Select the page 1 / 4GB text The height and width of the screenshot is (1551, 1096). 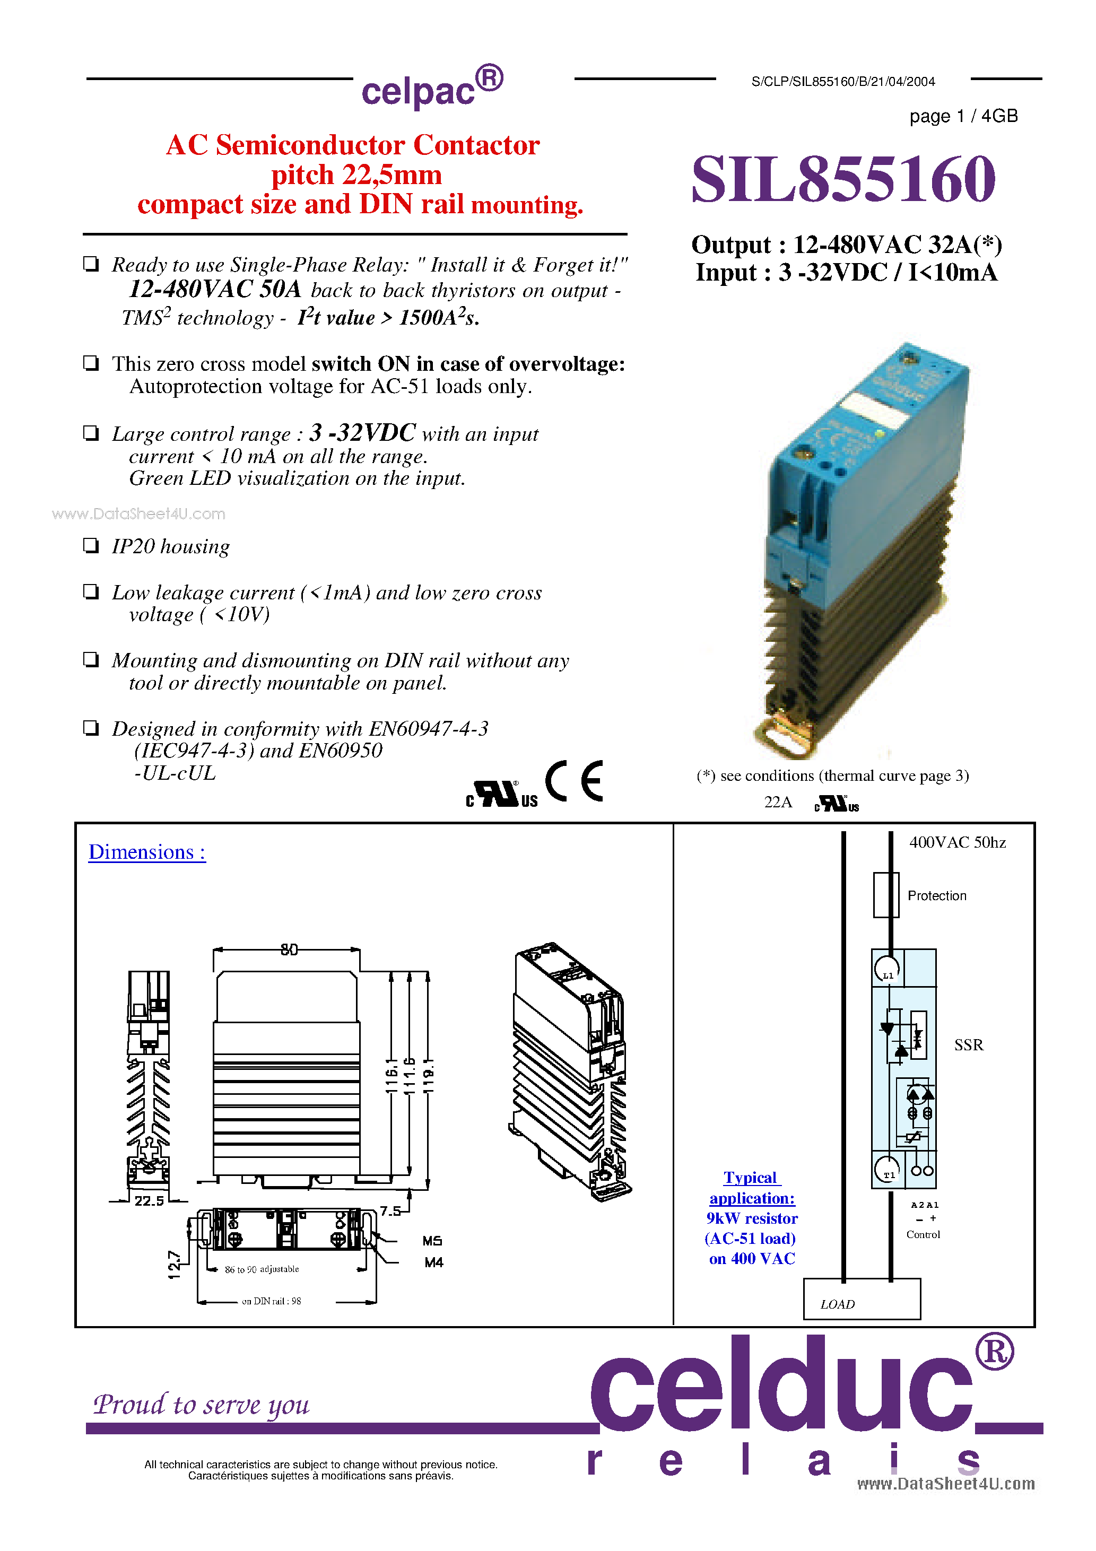point(963,116)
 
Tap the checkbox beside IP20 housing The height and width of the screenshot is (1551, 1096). point(91,545)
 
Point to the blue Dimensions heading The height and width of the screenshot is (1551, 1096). point(146,852)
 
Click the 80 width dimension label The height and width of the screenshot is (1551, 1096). point(289,950)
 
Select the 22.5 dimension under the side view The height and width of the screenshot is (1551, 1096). point(149,1201)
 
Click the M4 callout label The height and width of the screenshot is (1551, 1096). point(434,1262)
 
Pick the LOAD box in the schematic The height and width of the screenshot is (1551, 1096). point(861,1299)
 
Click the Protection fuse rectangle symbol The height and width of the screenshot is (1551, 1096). point(886,895)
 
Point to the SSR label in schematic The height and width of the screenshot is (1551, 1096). point(968,1045)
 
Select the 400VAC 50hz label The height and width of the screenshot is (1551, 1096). point(957,842)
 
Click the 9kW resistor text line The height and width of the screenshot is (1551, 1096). point(751,1218)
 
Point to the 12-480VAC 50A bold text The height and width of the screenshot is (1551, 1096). point(215,289)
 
